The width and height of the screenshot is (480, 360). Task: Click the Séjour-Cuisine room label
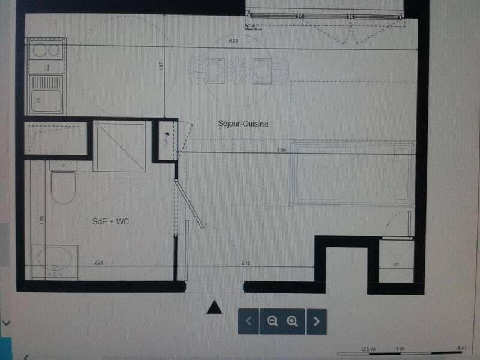tap(242, 124)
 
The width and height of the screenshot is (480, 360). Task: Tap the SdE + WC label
tap(111, 222)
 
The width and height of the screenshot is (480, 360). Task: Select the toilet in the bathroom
tap(62, 184)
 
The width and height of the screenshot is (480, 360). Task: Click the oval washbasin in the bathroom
tap(55, 259)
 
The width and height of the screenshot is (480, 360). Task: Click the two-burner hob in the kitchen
tap(46, 50)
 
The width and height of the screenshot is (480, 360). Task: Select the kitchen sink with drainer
tap(46, 93)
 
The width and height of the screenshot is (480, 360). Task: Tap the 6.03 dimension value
tap(233, 41)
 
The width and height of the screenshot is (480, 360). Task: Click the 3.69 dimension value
tap(281, 149)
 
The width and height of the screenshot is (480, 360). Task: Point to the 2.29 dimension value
tap(98, 263)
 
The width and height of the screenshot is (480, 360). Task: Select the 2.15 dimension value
tap(245, 263)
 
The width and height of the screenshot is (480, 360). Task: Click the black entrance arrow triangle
tap(214, 308)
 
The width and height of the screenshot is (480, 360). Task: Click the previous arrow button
tap(248, 322)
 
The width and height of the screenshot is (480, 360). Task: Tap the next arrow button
tap(317, 322)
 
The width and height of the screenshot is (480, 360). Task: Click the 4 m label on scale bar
tap(460, 348)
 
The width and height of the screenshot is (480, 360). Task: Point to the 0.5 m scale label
tap(368, 348)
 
